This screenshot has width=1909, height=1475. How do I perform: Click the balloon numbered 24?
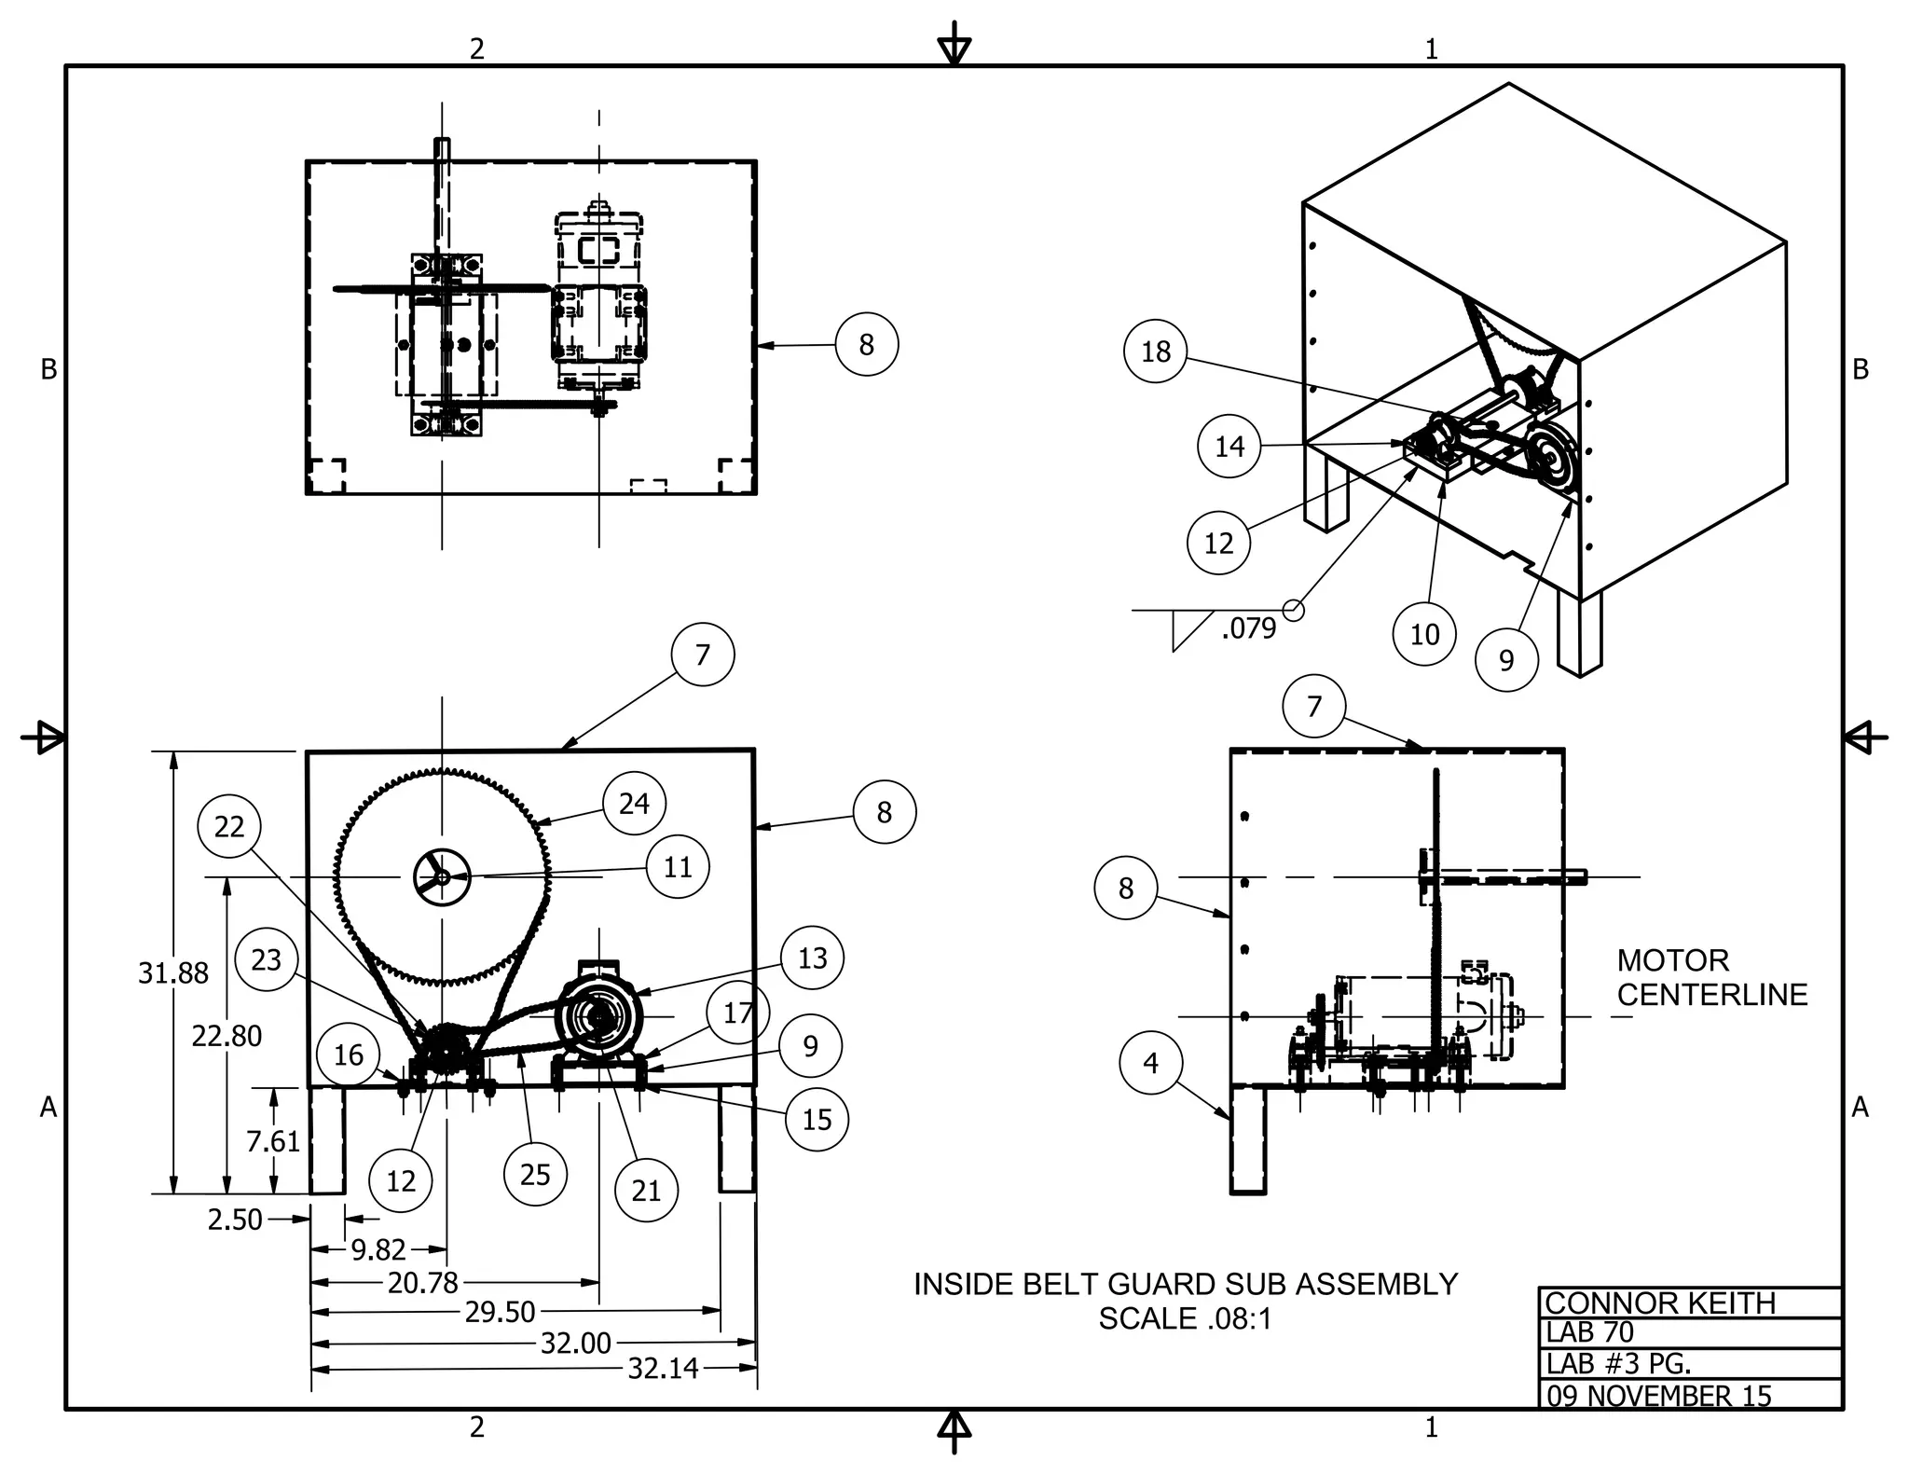tap(634, 803)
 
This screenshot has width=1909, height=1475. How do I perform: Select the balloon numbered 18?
tap(1156, 351)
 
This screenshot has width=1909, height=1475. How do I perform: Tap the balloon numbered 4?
tap(1150, 1062)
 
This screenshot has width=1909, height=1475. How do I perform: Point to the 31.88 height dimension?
tap(173, 972)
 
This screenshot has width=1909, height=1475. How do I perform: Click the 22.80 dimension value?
tap(227, 1035)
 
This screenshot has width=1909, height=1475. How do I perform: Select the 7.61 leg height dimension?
tap(273, 1140)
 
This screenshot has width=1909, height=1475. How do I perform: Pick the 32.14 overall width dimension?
tap(663, 1368)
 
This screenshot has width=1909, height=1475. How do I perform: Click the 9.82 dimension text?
tap(378, 1249)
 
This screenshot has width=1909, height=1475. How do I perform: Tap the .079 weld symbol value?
tap(1248, 628)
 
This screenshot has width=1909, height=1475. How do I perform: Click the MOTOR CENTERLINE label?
tap(1711, 977)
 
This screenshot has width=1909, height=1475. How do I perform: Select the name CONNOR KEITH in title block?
tap(1660, 1303)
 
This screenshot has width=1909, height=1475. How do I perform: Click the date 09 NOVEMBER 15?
tap(1659, 1396)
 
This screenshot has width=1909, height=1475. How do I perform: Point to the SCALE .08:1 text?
tap(1185, 1318)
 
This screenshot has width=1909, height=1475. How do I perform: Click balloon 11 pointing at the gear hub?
tap(678, 866)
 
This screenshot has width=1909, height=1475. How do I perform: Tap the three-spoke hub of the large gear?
tap(441, 876)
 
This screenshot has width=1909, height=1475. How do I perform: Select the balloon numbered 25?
tap(534, 1174)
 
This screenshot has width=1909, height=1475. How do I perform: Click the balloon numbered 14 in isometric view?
tap(1229, 446)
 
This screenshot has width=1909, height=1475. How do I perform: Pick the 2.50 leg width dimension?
tap(235, 1220)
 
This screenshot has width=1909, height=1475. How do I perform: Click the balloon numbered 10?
tap(1424, 634)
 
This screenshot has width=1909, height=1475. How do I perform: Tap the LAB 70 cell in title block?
tap(1590, 1332)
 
